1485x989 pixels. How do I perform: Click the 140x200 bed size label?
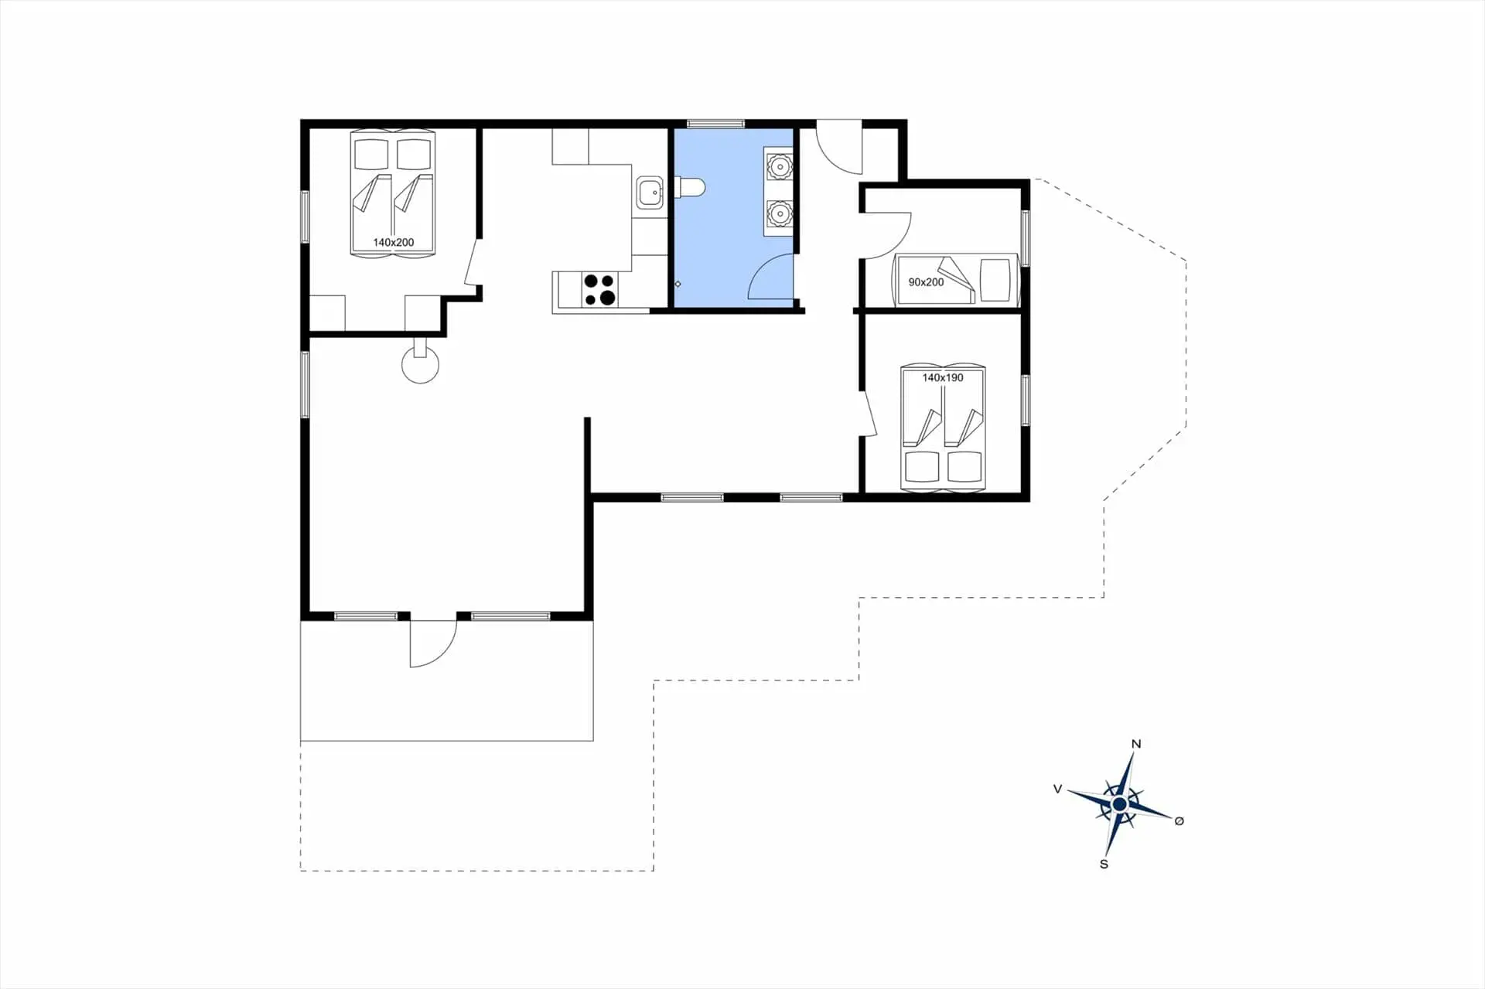click(x=393, y=242)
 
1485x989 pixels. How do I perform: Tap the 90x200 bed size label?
click(x=926, y=282)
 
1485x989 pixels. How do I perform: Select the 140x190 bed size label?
click(x=942, y=378)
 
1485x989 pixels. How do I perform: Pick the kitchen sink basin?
click(x=650, y=191)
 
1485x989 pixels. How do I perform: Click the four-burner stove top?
click(x=599, y=290)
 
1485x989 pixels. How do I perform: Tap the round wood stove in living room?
click(x=420, y=363)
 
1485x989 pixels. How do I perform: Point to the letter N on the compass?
click(x=1136, y=744)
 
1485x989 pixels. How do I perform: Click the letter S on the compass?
click(x=1104, y=864)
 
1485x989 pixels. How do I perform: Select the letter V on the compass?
click(x=1057, y=789)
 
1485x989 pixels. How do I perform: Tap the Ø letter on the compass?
click(x=1179, y=821)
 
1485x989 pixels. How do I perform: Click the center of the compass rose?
click(x=1119, y=805)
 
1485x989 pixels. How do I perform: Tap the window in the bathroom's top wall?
click(x=715, y=123)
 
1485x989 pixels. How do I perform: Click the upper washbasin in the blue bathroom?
click(x=779, y=165)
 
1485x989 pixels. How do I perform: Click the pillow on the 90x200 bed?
click(x=995, y=280)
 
